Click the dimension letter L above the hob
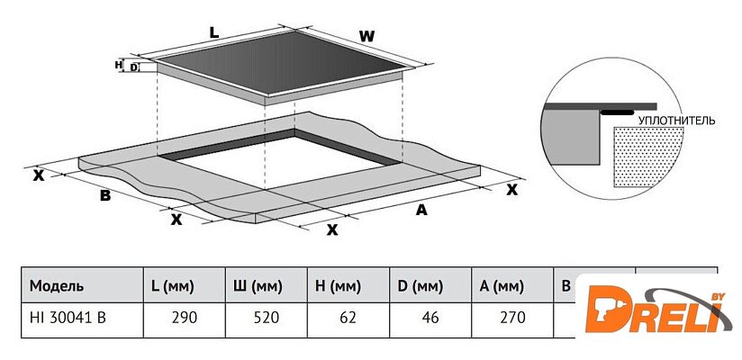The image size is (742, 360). pyautogui.click(x=213, y=32)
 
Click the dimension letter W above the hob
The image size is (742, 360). pyautogui.click(x=366, y=35)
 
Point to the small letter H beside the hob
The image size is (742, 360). pyautogui.click(x=118, y=65)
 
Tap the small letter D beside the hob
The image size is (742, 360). pyautogui.click(x=134, y=67)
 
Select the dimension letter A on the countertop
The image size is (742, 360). pyautogui.click(x=420, y=210)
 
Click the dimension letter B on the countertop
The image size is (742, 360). pyautogui.click(x=104, y=195)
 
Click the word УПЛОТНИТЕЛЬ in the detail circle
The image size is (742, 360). pyautogui.click(x=676, y=119)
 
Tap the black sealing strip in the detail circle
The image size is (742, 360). pyautogui.click(x=617, y=113)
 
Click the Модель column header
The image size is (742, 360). pyautogui.click(x=57, y=286)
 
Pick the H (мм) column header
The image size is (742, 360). pyautogui.click(x=339, y=286)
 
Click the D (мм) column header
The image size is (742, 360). pyautogui.click(x=420, y=286)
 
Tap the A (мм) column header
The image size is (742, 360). pyautogui.click(x=502, y=286)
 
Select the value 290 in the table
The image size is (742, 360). pyautogui.click(x=184, y=318)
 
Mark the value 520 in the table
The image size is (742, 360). pyautogui.click(x=267, y=318)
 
